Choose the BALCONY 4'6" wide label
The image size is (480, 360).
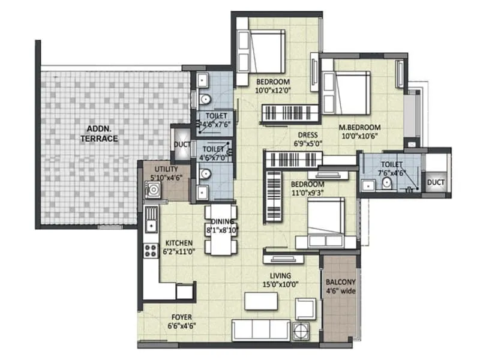coord(340,286)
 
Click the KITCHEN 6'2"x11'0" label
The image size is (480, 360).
coord(179,247)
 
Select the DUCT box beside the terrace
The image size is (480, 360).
coord(182,145)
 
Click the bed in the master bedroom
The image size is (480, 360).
coord(346,92)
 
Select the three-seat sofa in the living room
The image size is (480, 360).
coord(260,329)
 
